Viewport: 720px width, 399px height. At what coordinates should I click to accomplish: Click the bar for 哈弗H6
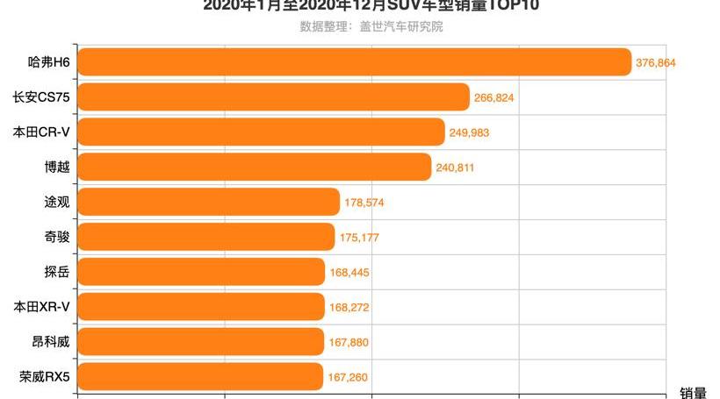point(355,62)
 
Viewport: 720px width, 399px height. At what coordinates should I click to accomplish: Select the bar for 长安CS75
point(274,97)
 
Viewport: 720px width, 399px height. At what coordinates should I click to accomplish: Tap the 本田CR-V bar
point(262,132)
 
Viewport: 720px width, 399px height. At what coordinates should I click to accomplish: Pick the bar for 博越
point(255,167)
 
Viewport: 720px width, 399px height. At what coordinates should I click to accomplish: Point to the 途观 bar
point(209,202)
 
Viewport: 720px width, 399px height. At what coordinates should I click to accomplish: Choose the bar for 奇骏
point(206,237)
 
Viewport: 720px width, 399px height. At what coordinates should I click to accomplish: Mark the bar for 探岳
point(202,272)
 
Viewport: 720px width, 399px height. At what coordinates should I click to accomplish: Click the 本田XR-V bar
point(202,307)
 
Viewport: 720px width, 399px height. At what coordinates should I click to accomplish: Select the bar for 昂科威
point(202,342)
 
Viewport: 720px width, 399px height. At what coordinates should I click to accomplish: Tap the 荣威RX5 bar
point(201,377)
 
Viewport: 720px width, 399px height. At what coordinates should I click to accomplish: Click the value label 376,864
point(656,63)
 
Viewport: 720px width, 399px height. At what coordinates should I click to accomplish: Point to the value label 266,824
point(493,97)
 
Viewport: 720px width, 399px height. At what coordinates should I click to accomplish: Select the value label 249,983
point(469,132)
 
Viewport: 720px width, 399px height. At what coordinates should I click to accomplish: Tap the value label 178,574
point(364,203)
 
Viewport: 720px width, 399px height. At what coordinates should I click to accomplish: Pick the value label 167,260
point(348,378)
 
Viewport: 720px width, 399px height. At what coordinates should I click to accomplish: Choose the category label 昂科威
point(50,342)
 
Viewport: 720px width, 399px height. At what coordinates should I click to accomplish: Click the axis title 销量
point(693,392)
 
